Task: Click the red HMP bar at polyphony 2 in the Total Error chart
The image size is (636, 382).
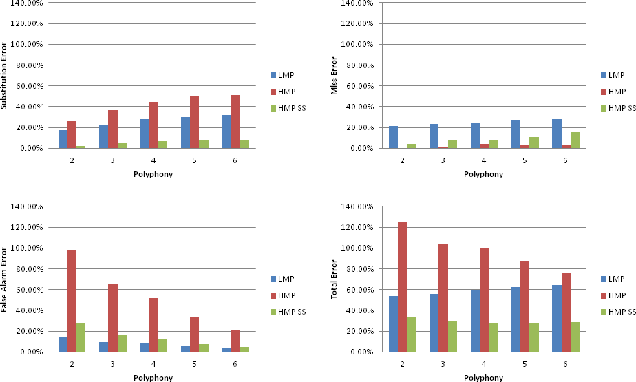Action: click(x=402, y=287)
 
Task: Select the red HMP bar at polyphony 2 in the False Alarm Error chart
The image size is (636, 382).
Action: click(x=72, y=301)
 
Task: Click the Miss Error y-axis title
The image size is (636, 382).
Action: click(x=335, y=76)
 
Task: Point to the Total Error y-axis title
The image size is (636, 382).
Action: click(x=335, y=279)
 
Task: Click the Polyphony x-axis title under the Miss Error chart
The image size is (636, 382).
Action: click(x=483, y=174)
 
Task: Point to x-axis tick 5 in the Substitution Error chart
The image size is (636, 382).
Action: click(x=195, y=159)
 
